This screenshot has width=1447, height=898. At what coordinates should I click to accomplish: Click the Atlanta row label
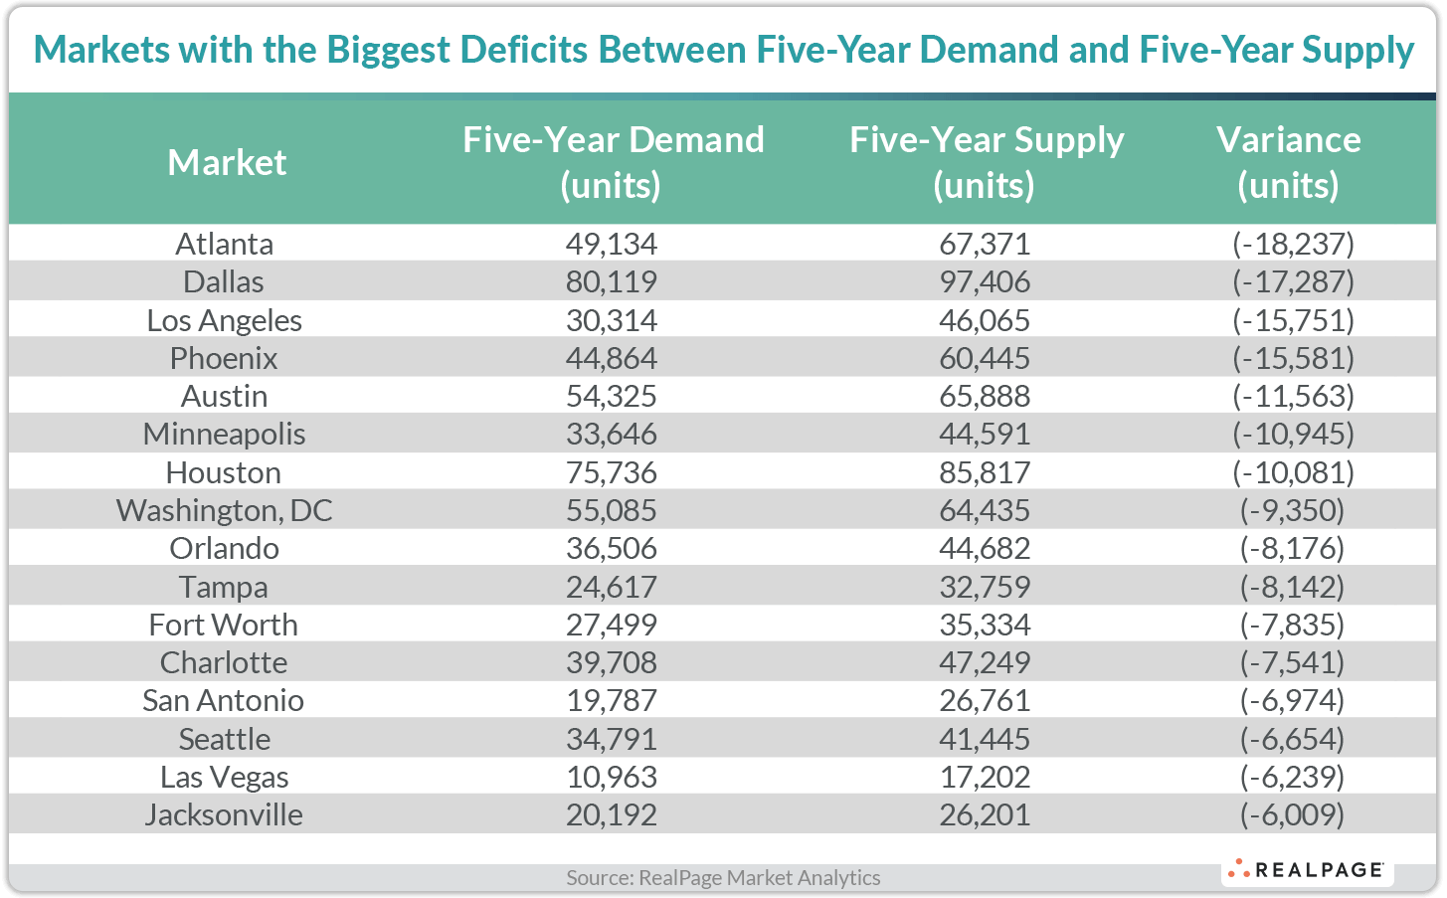coord(224,244)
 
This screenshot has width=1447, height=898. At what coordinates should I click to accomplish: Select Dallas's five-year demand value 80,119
coord(611,281)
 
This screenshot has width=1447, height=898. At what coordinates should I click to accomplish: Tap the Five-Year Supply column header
coord(986,162)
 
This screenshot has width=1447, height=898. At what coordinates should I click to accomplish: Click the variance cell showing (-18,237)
coord(1292,244)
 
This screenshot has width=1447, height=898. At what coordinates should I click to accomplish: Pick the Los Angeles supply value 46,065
coord(985,320)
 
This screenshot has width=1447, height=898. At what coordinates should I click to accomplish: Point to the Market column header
coord(227,162)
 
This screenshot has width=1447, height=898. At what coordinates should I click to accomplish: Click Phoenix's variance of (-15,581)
coord(1292,358)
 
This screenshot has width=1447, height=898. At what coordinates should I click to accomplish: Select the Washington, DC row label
coord(224,510)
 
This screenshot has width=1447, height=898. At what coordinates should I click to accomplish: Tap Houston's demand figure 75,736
coord(611,472)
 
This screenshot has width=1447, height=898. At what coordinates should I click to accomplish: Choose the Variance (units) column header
coord(1288,162)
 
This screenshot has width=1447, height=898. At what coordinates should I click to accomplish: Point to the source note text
coord(723,877)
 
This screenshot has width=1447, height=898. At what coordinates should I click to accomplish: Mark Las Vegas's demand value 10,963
coord(611,777)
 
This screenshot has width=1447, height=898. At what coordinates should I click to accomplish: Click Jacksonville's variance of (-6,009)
coord(1292,814)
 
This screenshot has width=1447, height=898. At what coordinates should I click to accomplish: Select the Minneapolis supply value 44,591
coord(985,435)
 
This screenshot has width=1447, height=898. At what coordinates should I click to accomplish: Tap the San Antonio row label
coord(224,700)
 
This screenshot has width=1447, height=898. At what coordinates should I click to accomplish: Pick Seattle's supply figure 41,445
coord(985,739)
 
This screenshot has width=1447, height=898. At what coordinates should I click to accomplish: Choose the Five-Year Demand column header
coord(613,162)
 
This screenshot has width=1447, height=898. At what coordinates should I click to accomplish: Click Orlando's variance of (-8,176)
coord(1292,548)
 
